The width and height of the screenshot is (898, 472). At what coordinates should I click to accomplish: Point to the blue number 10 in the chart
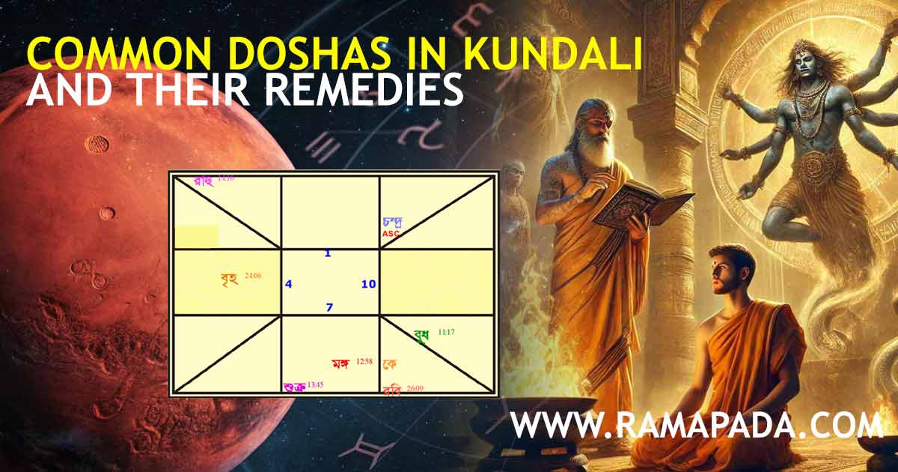coord(368,284)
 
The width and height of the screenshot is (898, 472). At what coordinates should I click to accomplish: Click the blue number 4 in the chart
coord(289,284)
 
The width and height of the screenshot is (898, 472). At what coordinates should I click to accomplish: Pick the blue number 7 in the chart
coord(329,307)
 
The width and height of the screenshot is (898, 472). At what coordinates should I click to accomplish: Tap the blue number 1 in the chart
coord(328,253)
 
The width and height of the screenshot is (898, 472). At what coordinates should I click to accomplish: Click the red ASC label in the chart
coord(391,234)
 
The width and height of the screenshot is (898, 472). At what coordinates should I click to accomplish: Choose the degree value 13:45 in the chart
coord(316,384)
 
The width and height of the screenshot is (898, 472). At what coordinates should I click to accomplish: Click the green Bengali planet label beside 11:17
coord(421,336)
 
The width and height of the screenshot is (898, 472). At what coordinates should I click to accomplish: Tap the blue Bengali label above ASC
coord(393,222)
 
